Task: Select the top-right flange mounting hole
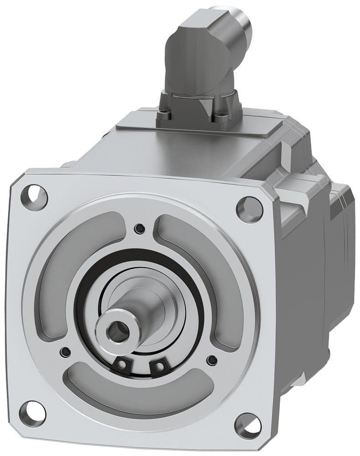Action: (249, 210)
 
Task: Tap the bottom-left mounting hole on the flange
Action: (32, 412)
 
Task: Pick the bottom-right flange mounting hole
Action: (248, 425)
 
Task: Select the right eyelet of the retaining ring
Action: (159, 366)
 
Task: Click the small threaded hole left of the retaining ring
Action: (66, 352)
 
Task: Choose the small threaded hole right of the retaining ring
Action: (211, 360)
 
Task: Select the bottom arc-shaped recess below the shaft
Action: (137, 392)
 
